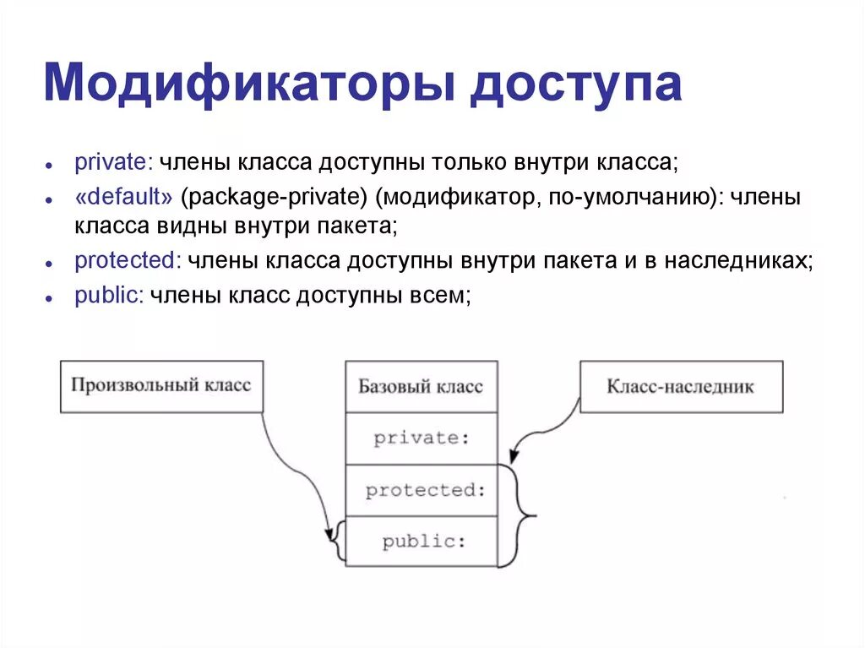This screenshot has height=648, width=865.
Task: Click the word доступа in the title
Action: (576, 86)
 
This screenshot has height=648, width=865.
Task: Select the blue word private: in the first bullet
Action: (112, 161)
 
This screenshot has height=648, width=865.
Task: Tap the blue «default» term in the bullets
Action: (124, 198)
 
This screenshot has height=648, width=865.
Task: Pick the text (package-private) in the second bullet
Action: (275, 198)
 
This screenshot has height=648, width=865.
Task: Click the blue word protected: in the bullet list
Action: (127, 261)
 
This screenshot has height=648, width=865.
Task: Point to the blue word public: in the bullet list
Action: (109, 297)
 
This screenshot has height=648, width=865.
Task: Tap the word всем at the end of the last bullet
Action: (437, 297)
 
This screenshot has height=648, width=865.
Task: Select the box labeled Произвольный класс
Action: (161, 386)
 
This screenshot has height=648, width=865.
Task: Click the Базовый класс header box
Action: (421, 387)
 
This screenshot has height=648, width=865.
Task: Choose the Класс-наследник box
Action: (681, 387)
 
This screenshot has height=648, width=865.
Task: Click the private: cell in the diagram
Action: (421, 438)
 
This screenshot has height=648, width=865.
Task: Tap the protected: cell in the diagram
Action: (421, 490)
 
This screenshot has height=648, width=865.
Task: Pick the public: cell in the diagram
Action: (421, 542)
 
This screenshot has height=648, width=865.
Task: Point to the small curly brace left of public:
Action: (338, 542)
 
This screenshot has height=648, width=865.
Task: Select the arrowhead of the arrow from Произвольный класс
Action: (329, 536)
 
